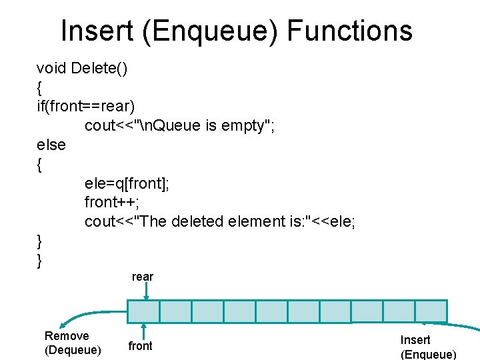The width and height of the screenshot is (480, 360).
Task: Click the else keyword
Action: pos(51,145)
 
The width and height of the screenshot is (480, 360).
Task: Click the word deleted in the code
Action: pos(197,221)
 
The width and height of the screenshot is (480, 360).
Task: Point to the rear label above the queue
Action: pos(143,277)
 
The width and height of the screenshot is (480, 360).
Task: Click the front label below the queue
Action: pos(140,345)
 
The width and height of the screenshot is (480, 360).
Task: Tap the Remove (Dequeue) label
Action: pos(73,343)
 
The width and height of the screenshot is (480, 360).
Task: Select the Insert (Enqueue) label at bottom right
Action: pos(427,347)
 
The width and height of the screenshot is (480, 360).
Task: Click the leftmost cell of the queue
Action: pos(143,311)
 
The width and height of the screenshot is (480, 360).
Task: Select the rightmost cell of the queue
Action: pos(431,311)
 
